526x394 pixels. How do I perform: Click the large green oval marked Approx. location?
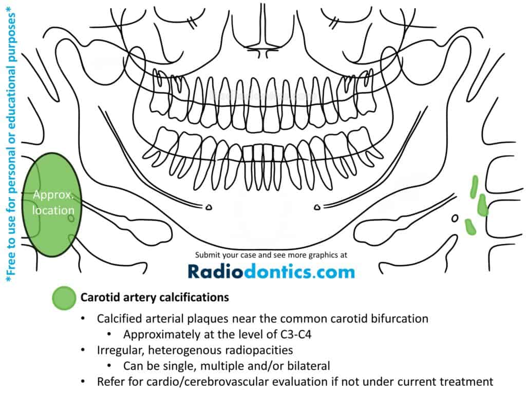[52, 205]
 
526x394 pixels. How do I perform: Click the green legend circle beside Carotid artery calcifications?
[64, 298]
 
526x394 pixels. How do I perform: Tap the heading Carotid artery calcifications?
[155, 298]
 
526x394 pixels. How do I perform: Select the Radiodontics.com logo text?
[271, 271]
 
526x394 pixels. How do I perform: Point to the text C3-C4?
[295, 334]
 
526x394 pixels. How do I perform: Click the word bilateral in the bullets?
[309, 366]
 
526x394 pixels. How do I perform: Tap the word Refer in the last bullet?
[109, 382]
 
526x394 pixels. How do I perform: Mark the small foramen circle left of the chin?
[209, 207]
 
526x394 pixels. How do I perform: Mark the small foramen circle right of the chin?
[317, 207]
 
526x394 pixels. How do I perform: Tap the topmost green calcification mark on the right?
[474, 187]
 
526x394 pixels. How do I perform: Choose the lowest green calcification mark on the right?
[470, 227]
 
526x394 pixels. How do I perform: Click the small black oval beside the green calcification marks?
[455, 219]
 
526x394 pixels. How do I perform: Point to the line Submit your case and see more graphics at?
[271, 255]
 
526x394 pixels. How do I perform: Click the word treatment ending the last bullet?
[466, 382]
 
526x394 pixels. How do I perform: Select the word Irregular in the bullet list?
[121, 350]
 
